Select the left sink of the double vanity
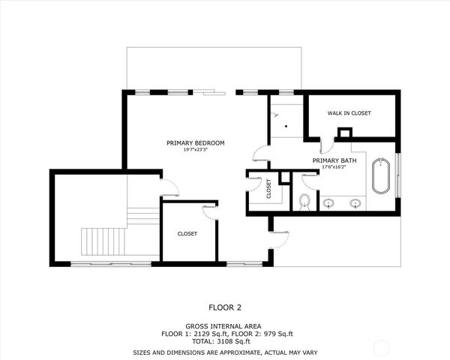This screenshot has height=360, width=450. coord(328,202)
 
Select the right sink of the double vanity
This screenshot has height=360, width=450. coord(355,202)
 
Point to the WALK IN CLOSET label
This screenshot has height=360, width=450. coord(349,113)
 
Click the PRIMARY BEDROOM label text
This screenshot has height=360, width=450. coord(195,142)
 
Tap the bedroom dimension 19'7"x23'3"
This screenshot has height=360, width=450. coord(195,150)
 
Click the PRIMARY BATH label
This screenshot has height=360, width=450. coord(334,160)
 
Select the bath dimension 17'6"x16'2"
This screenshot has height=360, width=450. coord(334,167)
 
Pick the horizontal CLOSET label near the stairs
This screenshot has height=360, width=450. coord(187,234)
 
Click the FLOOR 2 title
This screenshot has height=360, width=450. coord(225,307)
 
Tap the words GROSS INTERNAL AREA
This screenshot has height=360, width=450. coord(225,326)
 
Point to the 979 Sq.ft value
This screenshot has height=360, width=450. coord(274,333)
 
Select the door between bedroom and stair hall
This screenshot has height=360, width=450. coord(169,187)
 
